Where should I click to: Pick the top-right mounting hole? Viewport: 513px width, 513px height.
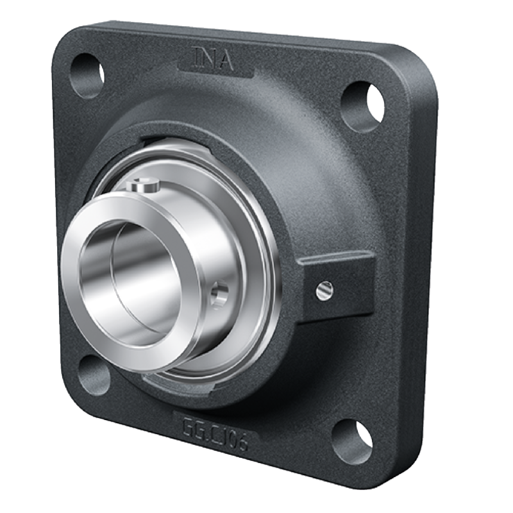363,105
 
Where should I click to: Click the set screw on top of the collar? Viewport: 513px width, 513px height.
143,185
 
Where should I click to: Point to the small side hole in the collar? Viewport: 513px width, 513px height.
219,293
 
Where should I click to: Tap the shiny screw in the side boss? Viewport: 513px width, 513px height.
324,289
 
